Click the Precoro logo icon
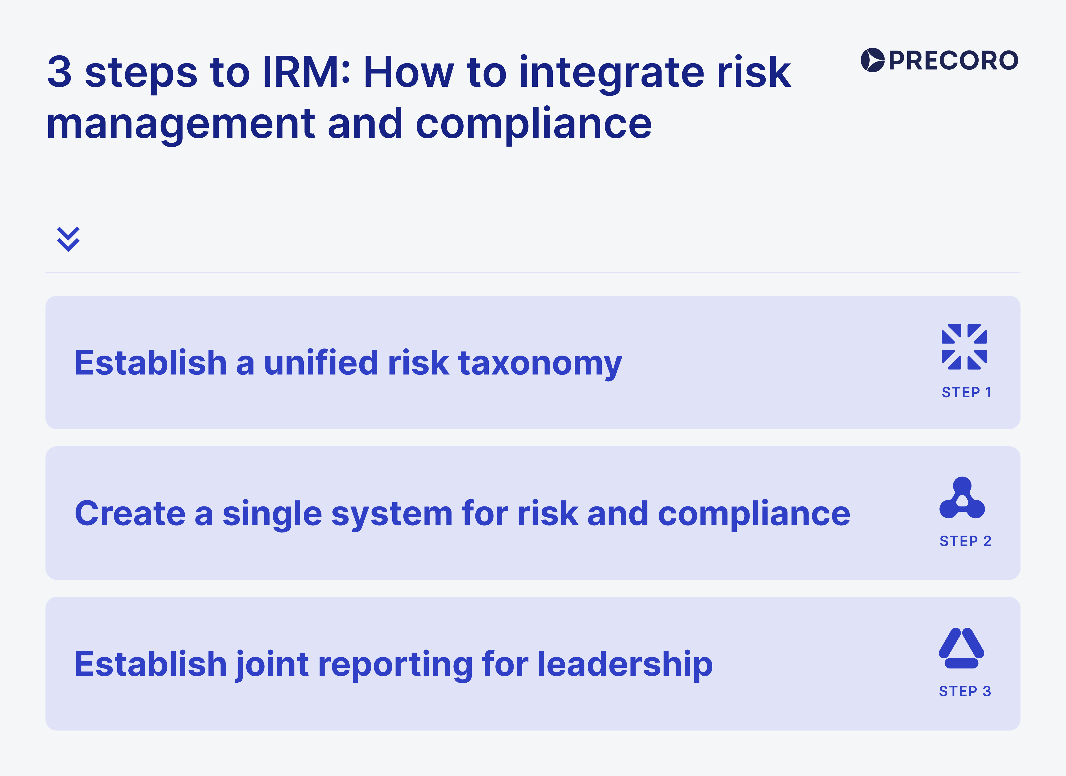click(872, 60)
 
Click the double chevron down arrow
click(68, 239)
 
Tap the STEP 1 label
click(966, 392)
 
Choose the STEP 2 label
click(965, 541)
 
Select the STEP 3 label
click(965, 691)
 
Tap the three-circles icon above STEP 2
click(962, 498)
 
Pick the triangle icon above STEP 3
click(962, 648)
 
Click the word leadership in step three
click(625, 664)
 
